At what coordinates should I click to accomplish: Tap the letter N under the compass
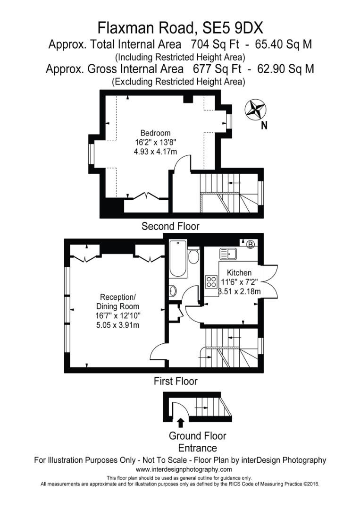(264, 126)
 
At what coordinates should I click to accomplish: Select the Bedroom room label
(155, 133)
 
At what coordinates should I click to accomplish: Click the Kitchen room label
(239, 273)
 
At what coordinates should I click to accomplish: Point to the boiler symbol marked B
(251, 244)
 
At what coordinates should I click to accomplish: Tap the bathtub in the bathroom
(178, 258)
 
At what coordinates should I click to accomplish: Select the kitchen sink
(229, 254)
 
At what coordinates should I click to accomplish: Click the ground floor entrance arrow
(180, 422)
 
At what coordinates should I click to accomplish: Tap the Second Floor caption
(170, 227)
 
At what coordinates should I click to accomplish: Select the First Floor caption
(176, 381)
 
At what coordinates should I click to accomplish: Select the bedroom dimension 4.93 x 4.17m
(155, 152)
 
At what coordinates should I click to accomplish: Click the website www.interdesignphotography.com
(184, 469)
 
